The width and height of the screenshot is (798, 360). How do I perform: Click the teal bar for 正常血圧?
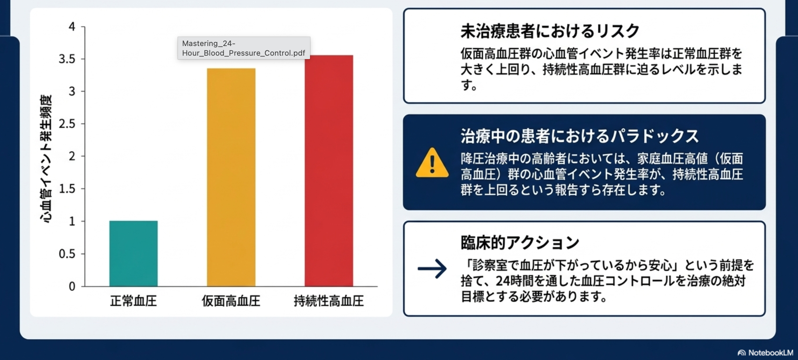coord(134,254)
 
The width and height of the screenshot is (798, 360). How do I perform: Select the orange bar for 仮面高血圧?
coord(231,177)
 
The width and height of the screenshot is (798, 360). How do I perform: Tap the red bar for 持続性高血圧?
coord(329,171)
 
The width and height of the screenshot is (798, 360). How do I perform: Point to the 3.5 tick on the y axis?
coord(67,59)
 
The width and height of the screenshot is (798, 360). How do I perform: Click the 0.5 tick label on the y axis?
coord(67,254)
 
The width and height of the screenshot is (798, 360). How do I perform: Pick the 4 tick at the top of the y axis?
coord(72,26)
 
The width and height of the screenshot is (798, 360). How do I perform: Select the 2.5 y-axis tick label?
coord(67,124)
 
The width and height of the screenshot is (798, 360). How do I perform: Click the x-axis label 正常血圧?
coord(133,301)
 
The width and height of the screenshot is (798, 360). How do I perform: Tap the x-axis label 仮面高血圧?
coord(231,301)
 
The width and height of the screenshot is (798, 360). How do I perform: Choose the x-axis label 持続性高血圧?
coord(329,301)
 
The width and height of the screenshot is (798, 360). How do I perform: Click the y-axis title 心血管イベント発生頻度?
coord(46,159)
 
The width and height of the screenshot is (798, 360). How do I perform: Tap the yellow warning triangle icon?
coord(432,163)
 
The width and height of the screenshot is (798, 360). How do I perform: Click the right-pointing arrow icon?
coord(432,268)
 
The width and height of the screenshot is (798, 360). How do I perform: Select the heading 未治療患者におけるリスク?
coord(550,31)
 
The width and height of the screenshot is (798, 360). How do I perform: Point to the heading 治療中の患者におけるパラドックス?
coord(580,136)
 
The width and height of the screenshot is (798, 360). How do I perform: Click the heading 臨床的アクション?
coord(520,243)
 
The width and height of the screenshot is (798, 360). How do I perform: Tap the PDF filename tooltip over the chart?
coord(244,48)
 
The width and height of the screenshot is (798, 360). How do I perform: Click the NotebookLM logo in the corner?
coord(765,353)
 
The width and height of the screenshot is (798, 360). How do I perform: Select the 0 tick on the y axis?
coord(72,286)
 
